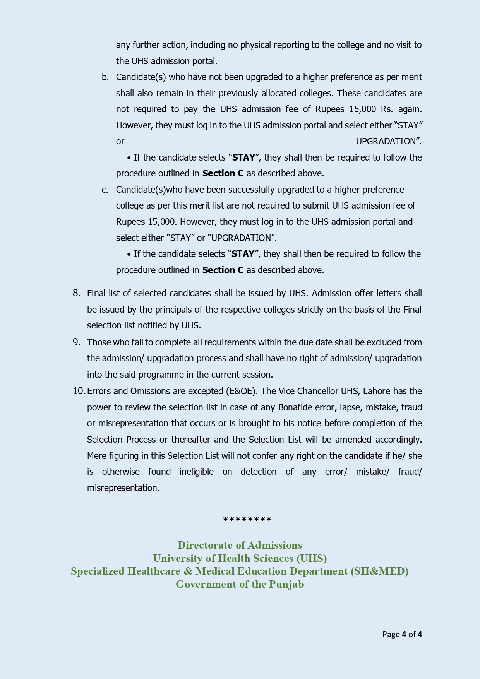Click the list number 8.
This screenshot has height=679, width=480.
point(76,293)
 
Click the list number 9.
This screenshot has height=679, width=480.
point(76,342)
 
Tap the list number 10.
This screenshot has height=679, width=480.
point(79,391)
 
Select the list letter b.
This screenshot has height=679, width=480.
point(105,77)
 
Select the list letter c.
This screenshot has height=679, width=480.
point(105,190)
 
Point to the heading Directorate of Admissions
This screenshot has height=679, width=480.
point(240,545)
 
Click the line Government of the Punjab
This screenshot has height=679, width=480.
point(240,584)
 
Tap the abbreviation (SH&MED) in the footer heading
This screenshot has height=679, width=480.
point(379,571)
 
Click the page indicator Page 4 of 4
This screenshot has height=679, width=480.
point(402,635)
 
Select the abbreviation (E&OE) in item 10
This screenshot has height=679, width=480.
point(242,391)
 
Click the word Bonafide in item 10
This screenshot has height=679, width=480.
point(296,407)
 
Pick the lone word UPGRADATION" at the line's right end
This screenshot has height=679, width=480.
point(388,141)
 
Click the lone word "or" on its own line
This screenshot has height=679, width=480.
point(120,142)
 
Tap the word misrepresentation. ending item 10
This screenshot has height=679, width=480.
point(123,488)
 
